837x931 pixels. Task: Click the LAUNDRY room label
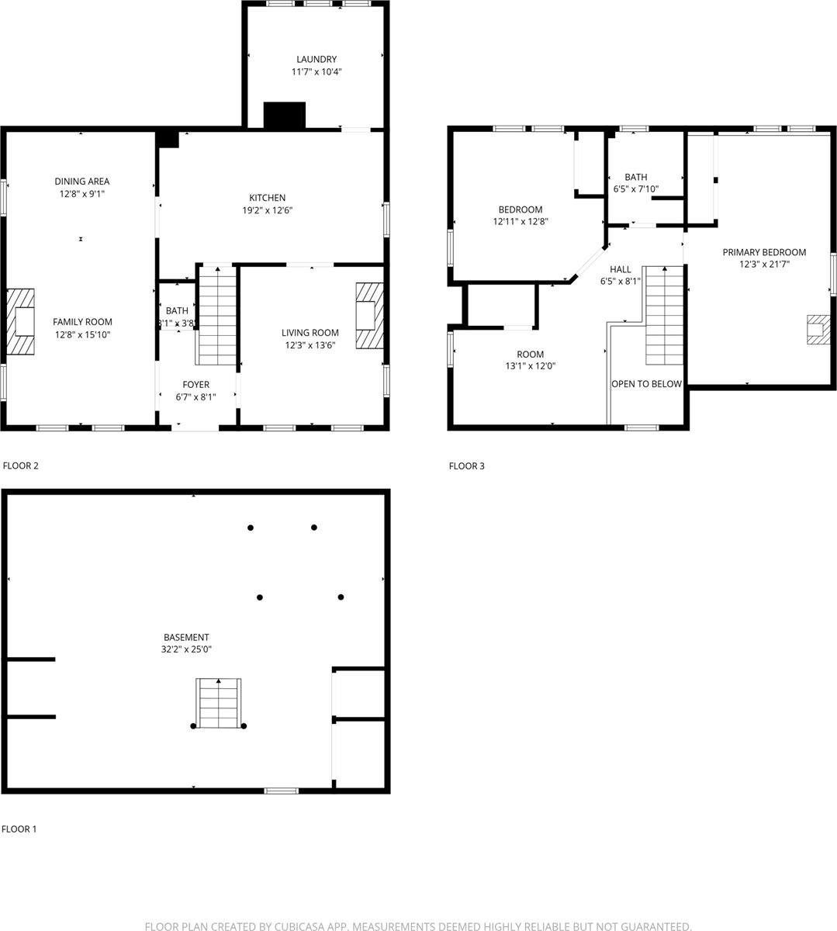click(x=316, y=59)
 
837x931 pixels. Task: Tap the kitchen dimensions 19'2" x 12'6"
click(x=267, y=210)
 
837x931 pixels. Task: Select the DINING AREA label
click(x=81, y=182)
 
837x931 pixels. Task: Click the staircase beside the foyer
click(x=217, y=315)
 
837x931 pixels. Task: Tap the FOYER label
click(x=195, y=384)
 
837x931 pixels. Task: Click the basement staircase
click(x=218, y=703)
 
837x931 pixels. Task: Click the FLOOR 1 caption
click(x=19, y=829)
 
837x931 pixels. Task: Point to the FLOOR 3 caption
click(x=466, y=466)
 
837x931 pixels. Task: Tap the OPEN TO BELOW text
click(x=646, y=384)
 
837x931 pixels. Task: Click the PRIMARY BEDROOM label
click(x=764, y=252)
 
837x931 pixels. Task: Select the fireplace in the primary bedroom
click(x=816, y=329)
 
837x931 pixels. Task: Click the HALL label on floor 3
click(x=620, y=269)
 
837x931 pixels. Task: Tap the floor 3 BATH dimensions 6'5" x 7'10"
click(x=635, y=189)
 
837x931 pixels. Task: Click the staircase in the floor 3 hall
click(x=664, y=314)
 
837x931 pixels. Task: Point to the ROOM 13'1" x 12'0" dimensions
click(x=531, y=366)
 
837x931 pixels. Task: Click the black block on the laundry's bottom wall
click(x=285, y=115)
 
